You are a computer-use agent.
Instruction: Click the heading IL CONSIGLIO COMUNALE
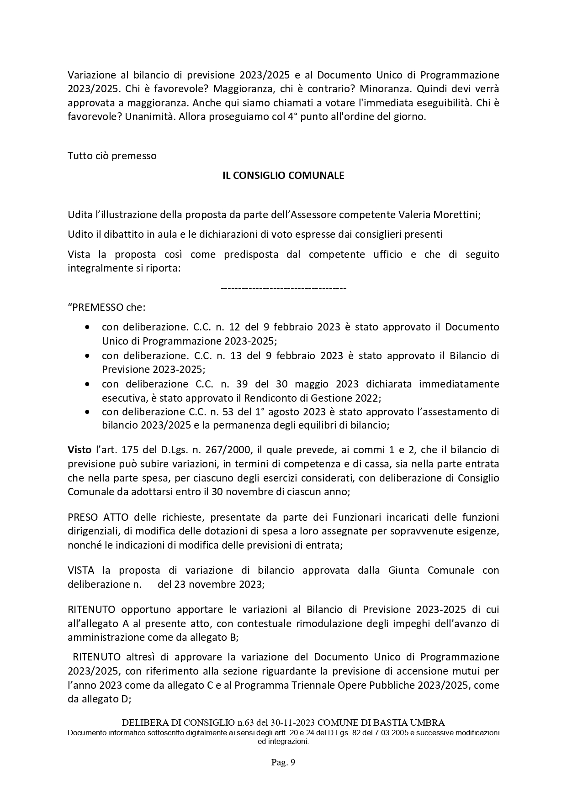(283, 175)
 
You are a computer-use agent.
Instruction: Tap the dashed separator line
(283, 288)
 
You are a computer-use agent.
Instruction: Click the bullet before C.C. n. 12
(87, 327)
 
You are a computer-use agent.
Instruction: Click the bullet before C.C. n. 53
(87, 412)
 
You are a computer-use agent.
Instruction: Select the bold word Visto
(79, 450)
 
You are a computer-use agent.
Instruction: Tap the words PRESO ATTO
(98, 517)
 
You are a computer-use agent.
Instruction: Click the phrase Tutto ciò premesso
(112, 156)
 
